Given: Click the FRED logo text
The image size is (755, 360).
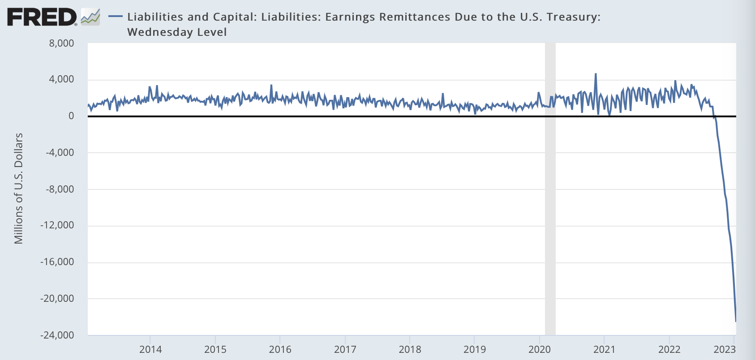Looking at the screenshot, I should coord(42,17).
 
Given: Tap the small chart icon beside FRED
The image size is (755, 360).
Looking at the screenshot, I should coord(90,17).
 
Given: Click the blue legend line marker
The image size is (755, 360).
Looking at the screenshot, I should coord(116,17).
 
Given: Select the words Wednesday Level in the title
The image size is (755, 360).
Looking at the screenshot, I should coord(177,32).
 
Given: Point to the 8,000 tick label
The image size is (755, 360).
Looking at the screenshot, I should coord(62,43).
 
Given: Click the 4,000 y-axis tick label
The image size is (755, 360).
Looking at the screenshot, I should coord(62,79).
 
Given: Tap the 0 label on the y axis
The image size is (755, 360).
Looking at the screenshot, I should coord(71,116).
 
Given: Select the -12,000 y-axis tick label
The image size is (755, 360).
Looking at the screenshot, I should coord(57,225).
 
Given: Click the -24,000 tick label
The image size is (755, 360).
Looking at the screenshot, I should coord(57,335).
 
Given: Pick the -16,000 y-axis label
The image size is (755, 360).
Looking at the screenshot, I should coord(57,262).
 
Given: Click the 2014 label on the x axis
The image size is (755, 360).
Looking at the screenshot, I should coord(150,350).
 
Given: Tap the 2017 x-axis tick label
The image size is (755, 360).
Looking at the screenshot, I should coord(345,350).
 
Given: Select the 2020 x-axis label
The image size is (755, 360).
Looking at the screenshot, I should coord(540,350).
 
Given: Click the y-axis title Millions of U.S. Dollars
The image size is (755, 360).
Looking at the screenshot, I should coord(18,189).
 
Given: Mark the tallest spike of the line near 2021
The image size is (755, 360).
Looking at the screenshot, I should coord(596,74).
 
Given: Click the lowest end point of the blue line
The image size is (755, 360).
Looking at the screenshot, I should coord(735,321).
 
